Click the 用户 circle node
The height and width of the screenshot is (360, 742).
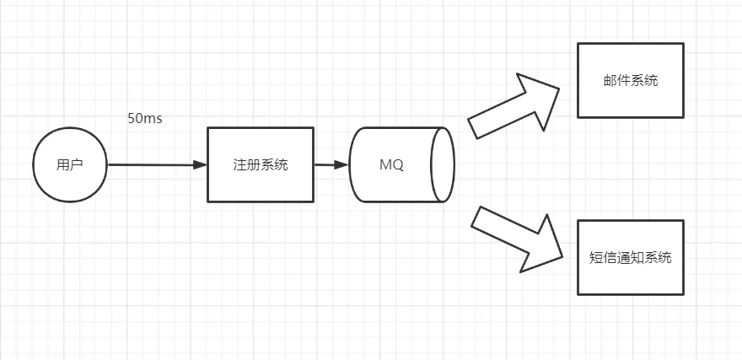(70, 164)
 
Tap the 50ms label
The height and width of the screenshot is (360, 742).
(145, 119)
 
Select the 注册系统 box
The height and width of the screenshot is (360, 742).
(261, 164)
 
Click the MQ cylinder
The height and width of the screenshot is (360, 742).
(401, 164)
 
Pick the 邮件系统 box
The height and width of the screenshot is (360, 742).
(631, 80)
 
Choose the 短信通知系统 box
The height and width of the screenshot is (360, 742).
(631, 257)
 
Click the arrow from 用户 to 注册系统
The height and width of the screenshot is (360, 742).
(158, 164)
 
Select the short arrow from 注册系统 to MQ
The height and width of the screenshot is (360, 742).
(331, 164)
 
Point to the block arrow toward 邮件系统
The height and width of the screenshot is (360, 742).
(513, 106)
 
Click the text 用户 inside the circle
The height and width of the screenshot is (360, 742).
(70, 165)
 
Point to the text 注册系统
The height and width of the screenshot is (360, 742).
(261, 165)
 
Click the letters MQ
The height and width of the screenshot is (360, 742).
(391, 165)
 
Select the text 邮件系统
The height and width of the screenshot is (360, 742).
(631, 81)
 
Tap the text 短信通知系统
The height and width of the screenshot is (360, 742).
(631, 258)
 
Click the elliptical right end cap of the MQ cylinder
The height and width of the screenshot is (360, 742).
(443, 164)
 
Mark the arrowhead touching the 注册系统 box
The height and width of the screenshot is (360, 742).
(200, 164)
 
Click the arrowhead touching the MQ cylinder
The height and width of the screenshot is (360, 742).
(341, 164)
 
